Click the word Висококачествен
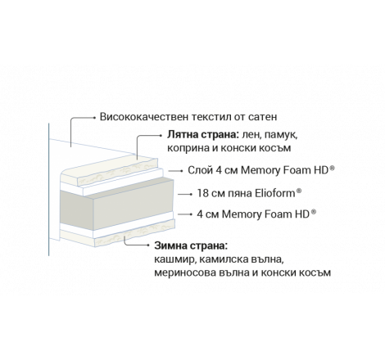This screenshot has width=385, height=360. click(144, 117)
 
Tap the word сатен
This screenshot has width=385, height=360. click(263, 117)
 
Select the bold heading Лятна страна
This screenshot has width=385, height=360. click(203, 135)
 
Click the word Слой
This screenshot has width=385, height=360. click(200, 170)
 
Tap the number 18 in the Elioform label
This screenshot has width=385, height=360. click(203, 193)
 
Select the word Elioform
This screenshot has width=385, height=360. click(275, 193)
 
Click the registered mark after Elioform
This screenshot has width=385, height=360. click(299, 191)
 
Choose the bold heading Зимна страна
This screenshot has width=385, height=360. click(191, 245)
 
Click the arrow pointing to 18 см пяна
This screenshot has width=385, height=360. click(185, 194)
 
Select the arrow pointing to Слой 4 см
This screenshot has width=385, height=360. click(175, 171)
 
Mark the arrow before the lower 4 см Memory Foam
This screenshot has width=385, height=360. click(185, 214)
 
